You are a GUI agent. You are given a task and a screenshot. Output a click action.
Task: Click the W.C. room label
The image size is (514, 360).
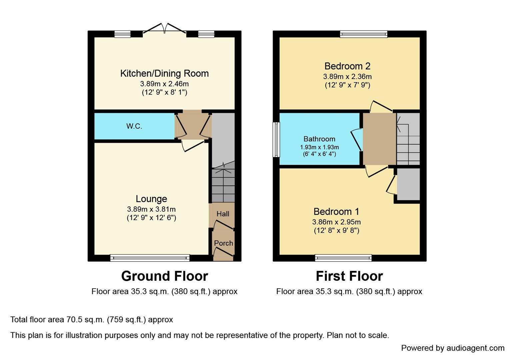[x=134, y=126]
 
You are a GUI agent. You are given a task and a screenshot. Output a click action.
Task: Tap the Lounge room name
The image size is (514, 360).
[x=151, y=199]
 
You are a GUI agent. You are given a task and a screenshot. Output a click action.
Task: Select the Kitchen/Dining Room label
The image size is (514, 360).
[x=164, y=73]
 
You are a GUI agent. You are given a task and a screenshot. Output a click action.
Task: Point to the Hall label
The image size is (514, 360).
[x=223, y=214]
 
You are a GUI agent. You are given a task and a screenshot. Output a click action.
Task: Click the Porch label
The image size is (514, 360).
[x=223, y=243]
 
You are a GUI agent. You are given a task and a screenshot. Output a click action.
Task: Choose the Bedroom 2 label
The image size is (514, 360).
[x=347, y=66]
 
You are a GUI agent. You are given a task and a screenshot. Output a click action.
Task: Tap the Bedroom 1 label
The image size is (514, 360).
[x=336, y=212]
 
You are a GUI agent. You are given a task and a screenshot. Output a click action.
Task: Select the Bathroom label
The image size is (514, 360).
[x=319, y=139]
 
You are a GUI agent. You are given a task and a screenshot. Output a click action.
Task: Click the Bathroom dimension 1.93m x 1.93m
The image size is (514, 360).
[x=319, y=147]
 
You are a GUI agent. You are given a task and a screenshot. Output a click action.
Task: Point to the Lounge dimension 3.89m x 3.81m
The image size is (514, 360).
[x=151, y=209]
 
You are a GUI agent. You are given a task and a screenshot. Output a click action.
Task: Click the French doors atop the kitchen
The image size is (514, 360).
[x=164, y=29]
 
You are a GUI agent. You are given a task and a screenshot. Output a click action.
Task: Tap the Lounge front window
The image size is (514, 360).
[x=150, y=258]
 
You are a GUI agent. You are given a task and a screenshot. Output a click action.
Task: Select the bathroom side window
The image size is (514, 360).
[x=276, y=139]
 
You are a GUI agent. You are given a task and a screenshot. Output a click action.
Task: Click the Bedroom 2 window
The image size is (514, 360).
[x=364, y=34]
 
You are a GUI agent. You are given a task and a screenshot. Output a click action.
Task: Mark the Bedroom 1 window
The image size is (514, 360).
[x=343, y=258]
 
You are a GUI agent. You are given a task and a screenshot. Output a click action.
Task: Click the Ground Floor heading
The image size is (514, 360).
[x=164, y=276]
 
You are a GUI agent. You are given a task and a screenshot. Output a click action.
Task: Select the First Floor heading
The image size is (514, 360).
[x=349, y=276]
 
